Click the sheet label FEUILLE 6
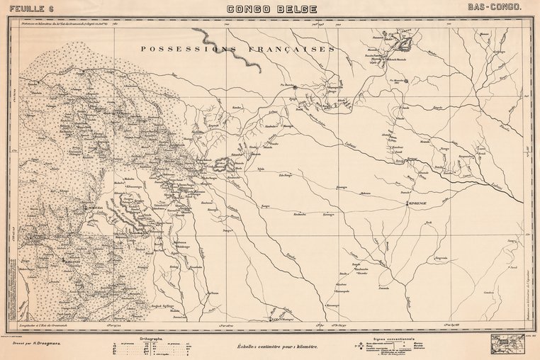click(29, 8)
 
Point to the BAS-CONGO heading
click(495, 8)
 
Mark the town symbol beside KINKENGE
click(407, 203)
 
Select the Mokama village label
click(365, 193)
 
